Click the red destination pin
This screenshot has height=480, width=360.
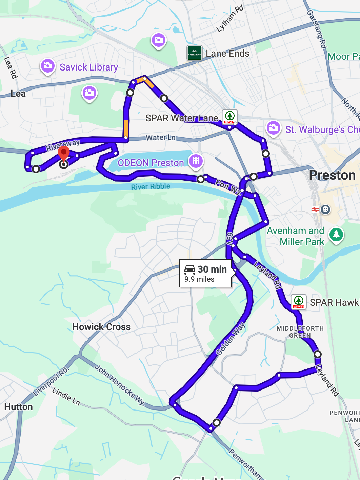pos(64,153)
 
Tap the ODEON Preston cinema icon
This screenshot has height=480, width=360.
pos(196,161)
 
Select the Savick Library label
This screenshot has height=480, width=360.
pos(89,67)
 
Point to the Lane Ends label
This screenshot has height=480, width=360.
pos(227,54)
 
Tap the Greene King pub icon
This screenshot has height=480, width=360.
pos(195,53)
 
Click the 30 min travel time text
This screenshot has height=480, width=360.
pos(212,269)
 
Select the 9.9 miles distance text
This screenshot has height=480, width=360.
pos(199,279)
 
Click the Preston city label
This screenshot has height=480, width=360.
pos(332,175)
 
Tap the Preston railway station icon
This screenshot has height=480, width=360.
pos(325,209)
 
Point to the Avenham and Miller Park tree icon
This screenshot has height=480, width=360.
pos(336,234)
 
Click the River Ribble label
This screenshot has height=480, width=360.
pos(151,187)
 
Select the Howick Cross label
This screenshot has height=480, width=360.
pos(101,327)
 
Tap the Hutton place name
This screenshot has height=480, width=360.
pos(19,407)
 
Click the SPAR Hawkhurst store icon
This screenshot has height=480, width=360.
pos(299,302)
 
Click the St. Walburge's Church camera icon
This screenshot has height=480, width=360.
pos(273,128)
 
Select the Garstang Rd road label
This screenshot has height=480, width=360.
pos(317,29)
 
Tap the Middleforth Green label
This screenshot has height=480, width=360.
pos(300,332)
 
